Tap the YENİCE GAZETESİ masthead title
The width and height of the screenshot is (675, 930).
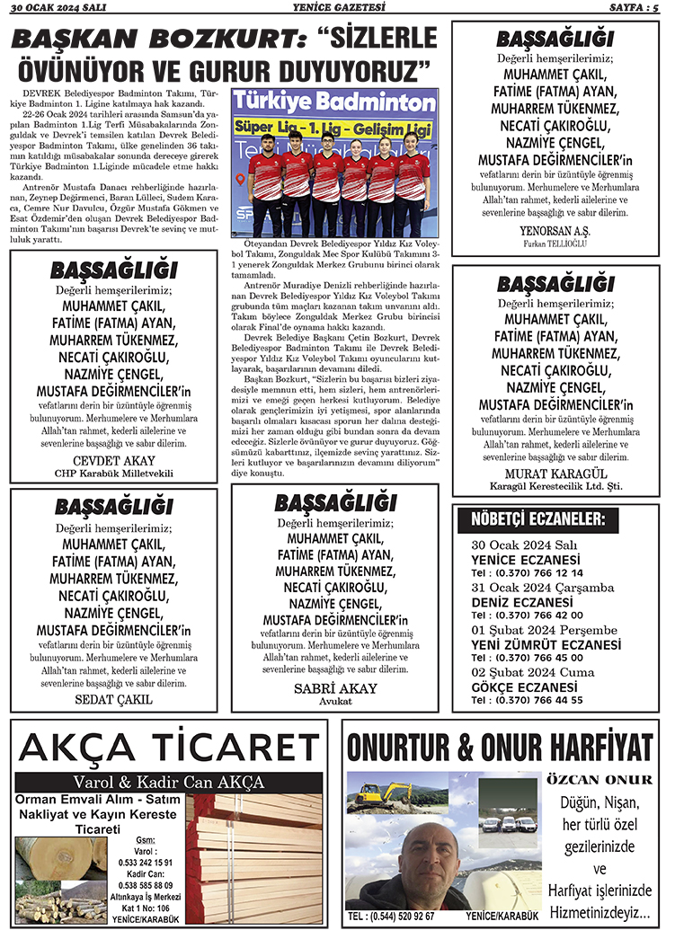pyautogui.click(x=338, y=7)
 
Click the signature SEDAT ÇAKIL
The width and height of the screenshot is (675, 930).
pyautogui.click(x=113, y=698)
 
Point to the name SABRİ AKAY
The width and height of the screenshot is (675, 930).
pyautogui.click(x=335, y=688)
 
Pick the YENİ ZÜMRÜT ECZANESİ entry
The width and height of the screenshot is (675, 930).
pyautogui.click(x=546, y=644)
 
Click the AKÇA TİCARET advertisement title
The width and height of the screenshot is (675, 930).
pyautogui.click(x=169, y=746)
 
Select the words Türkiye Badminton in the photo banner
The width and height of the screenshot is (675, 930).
pyautogui.click(x=334, y=102)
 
